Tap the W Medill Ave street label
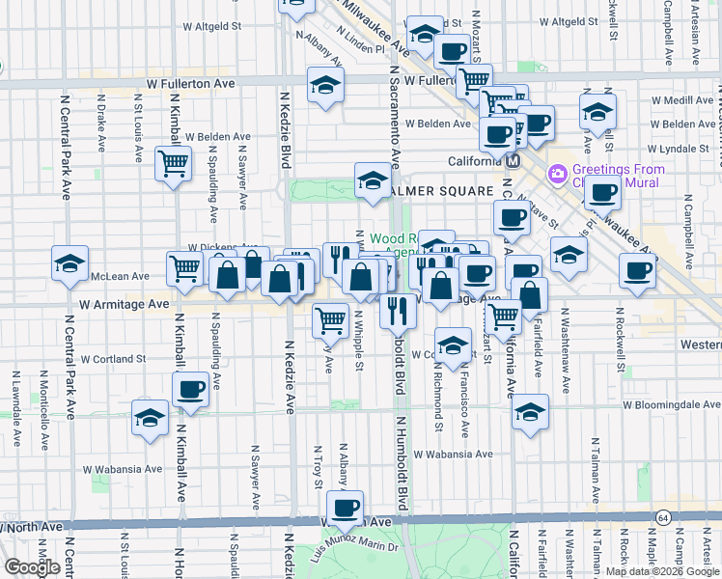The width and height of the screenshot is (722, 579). coord(682,100)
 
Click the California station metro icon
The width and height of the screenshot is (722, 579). coord(514,161)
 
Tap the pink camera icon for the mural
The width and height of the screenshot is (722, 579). coord(557,175)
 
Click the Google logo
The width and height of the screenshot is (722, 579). coord(32,567)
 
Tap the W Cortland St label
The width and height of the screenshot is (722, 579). coord(112,358)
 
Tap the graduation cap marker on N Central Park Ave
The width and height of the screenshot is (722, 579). coord(70,264)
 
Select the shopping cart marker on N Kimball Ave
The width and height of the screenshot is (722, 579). coord(173,165)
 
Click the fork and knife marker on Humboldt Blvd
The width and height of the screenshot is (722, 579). coord(398,312)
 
